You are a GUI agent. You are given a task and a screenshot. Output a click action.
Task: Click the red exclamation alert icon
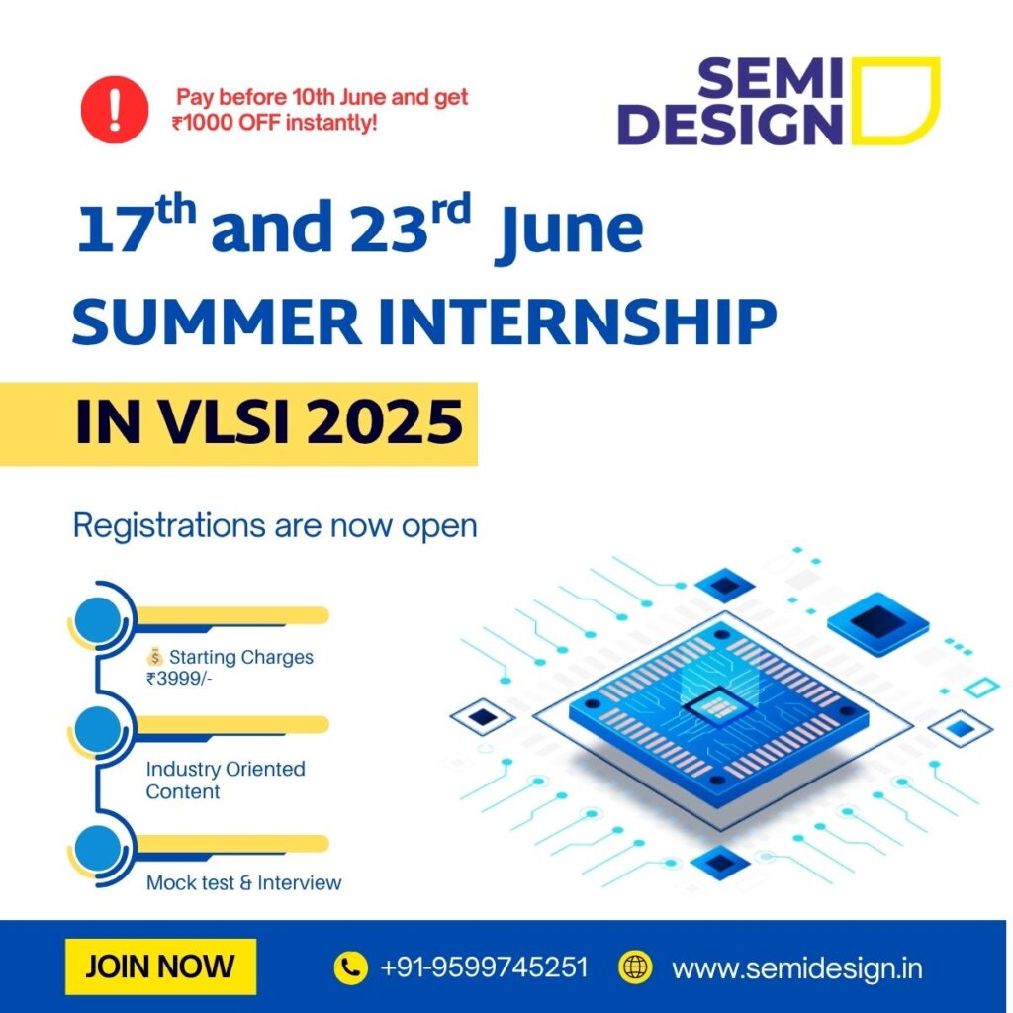115,110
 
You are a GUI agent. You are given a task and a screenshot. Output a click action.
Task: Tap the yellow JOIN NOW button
160,967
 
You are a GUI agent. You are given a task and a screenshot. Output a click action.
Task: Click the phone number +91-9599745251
484,967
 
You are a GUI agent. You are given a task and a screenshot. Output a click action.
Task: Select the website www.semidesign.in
796,968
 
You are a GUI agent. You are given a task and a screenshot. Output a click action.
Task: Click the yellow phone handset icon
351,967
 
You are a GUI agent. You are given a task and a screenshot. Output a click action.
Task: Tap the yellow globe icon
635,967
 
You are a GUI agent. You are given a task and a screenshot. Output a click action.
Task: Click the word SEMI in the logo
770,77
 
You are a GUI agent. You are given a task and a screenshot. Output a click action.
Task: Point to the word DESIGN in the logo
731,124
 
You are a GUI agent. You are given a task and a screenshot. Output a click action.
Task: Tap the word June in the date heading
570,231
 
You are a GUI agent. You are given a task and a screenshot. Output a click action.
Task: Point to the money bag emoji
155,657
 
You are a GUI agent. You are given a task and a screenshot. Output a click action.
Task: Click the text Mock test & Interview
243,882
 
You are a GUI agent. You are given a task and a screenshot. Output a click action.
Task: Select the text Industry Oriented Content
226,780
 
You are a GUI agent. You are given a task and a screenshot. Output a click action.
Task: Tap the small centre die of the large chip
718,705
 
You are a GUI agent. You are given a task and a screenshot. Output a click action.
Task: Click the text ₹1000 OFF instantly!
275,122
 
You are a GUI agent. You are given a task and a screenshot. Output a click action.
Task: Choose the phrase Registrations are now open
275,526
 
